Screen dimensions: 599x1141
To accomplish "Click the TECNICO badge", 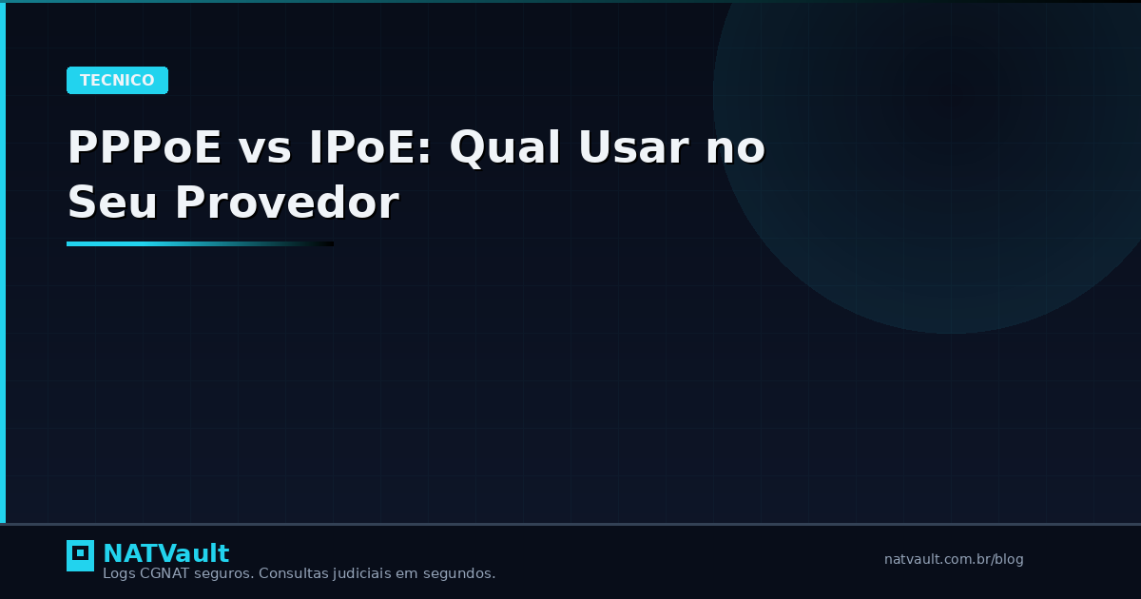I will coord(117,81).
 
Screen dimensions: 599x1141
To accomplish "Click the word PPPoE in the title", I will coord(144,147).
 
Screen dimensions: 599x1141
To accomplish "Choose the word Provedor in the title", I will coord(286,203).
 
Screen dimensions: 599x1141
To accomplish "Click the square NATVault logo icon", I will coord(80,555).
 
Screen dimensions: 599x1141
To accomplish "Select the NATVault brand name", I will coord(165,553).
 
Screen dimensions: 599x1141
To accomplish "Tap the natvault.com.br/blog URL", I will coord(954,559).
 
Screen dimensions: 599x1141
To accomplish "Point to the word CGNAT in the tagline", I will coord(164,573).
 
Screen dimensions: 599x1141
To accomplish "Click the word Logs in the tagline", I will coord(119,573).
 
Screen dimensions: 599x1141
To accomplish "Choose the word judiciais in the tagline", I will coord(365,573).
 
